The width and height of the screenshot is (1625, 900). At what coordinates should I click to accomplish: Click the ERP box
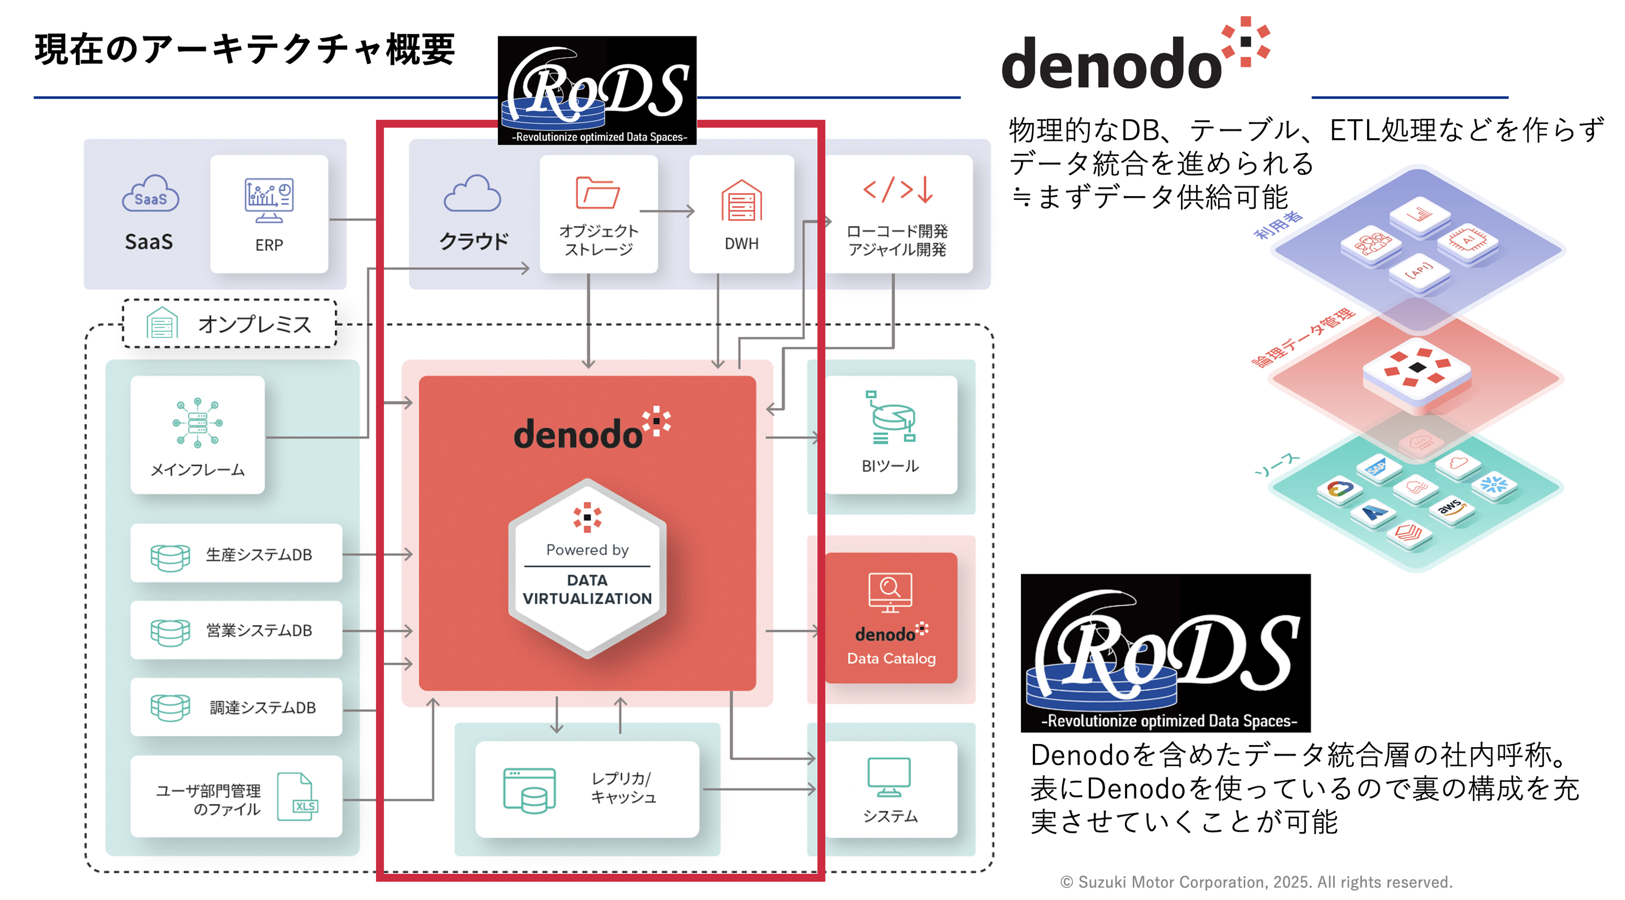269,214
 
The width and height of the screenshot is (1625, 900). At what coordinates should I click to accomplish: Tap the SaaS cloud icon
150,195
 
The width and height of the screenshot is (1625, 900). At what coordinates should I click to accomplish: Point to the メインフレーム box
198,435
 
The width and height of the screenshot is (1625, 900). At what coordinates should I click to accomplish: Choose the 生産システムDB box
236,554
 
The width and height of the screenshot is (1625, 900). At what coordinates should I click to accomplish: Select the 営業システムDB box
236,630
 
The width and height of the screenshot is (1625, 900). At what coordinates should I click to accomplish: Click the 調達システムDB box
236,707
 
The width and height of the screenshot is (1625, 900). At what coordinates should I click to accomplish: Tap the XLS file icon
298,797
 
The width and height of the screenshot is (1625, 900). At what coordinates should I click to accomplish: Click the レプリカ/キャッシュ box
587,789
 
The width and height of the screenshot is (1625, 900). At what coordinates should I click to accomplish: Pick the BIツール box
890,435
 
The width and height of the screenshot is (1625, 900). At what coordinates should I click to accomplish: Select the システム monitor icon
889,777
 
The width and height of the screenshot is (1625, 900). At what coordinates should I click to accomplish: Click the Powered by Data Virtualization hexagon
587,568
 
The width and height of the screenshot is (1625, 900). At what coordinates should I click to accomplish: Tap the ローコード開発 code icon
898,189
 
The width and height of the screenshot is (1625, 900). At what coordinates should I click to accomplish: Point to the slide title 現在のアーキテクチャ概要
245,49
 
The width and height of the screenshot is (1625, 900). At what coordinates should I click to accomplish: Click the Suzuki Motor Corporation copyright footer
1256,882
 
